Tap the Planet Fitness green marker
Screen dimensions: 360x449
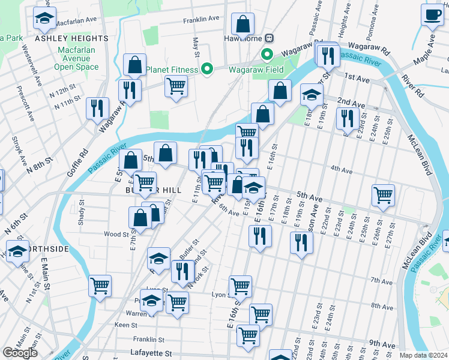pyautogui.click(x=207, y=70)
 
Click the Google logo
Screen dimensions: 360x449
pyautogui.click(x=20, y=353)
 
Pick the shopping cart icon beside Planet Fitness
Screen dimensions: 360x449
pyautogui.click(x=176, y=86)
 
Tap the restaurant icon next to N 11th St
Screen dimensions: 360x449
pyautogui.click(x=97, y=108)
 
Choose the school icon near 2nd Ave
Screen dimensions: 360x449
pyautogui.click(x=311, y=94)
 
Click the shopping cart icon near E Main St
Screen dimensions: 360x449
pyautogui.click(x=100, y=285)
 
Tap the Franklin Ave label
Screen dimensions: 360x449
pyautogui.click(x=201, y=19)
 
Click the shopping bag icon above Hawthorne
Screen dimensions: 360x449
pyautogui.click(x=243, y=25)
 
